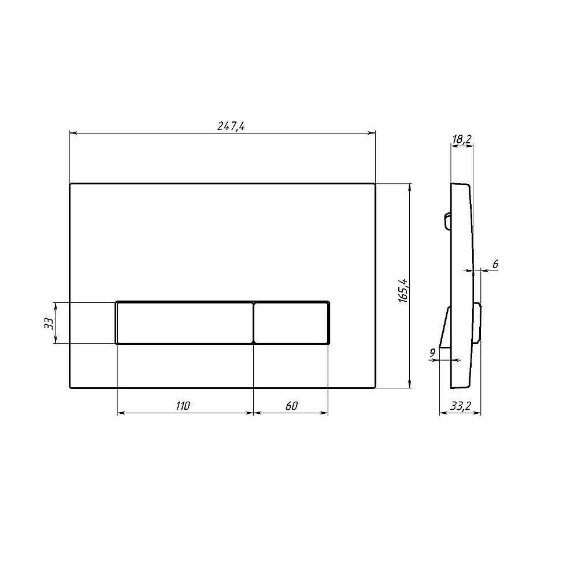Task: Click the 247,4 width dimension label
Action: tap(231, 127)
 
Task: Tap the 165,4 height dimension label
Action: tap(403, 291)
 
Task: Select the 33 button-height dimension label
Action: tap(49, 323)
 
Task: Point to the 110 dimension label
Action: tap(183, 406)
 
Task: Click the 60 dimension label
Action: tap(291, 406)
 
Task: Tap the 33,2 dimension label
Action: tap(461, 406)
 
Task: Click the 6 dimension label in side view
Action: tap(495, 264)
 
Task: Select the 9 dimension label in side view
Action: tap(432, 353)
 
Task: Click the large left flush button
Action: tap(185, 323)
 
